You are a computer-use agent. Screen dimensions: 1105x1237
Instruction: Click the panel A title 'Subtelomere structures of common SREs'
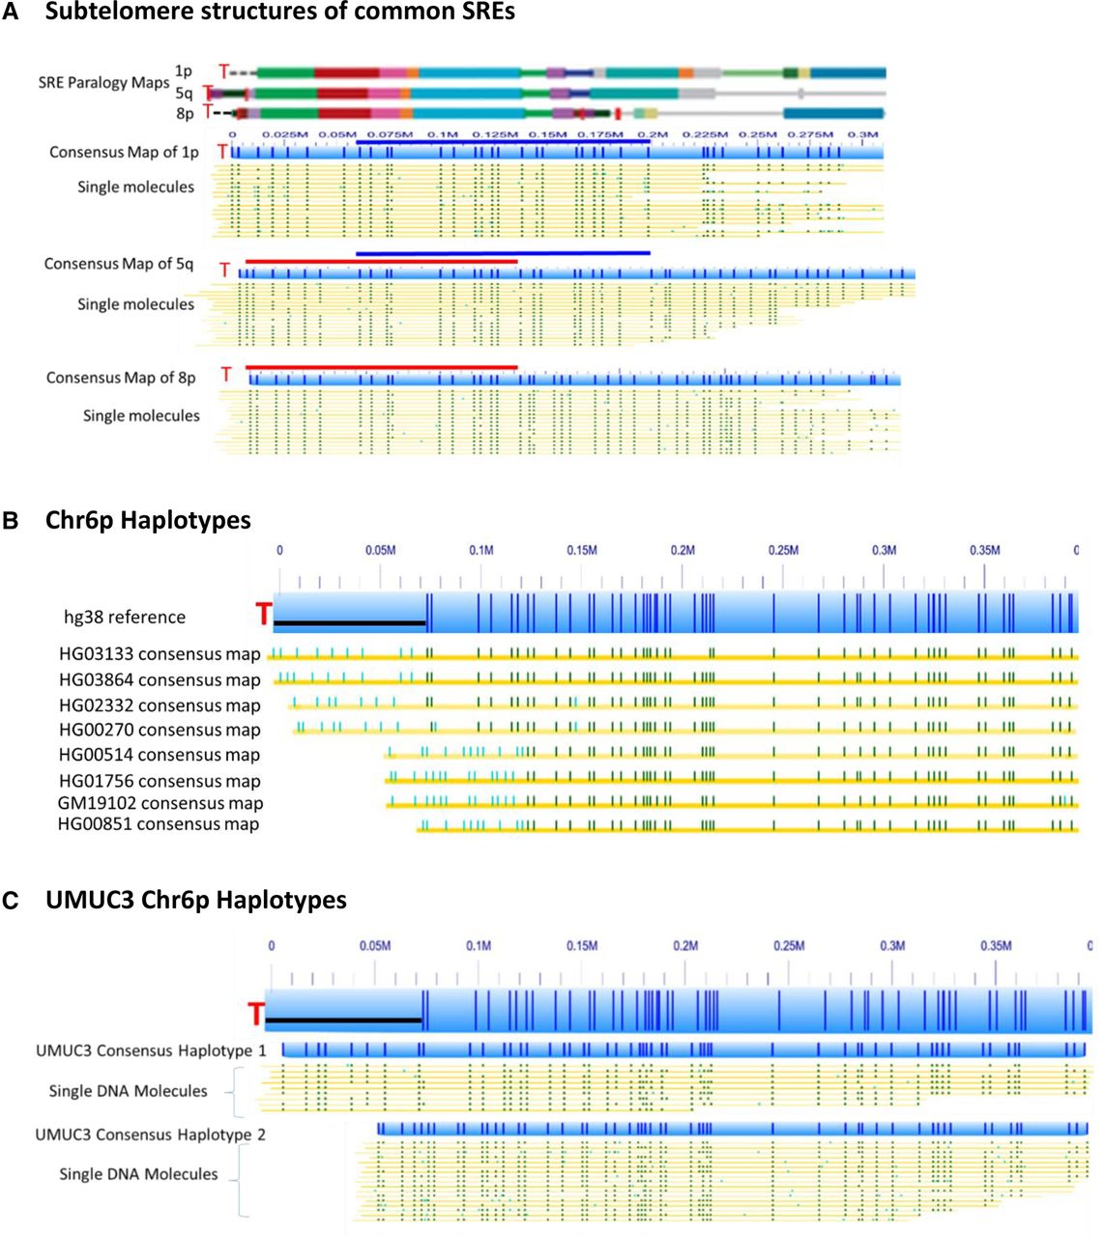tap(279, 11)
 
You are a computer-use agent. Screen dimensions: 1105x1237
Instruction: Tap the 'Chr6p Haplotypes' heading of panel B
tap(148, 520)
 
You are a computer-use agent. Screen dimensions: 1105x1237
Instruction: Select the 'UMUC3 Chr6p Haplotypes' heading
tap(196, 900)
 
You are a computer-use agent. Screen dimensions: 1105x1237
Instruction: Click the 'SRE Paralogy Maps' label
tap(103, 82)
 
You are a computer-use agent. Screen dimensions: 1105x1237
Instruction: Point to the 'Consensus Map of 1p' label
tap(124, 152)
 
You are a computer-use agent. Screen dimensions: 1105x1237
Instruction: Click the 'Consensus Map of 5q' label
tap(119, 264)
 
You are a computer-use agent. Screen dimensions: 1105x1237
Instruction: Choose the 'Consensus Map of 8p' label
tap(121, 378)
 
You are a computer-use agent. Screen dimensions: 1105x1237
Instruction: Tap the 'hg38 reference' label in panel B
tap(125, 618)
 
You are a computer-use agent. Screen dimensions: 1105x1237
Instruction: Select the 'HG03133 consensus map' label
tap(160, 654)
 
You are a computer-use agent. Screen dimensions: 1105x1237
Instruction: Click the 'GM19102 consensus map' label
tap(160, 803)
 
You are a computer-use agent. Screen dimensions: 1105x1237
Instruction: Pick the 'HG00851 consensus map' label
tap(159, 824)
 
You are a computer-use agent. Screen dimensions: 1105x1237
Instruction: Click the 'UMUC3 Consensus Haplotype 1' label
tap(151, 1050)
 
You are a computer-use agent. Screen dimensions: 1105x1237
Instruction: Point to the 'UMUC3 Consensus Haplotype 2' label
tap(150, 1135)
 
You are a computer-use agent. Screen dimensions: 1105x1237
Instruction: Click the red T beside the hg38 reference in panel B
tap(263, 614)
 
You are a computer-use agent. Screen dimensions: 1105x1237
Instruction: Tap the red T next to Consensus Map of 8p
tap(226, 374)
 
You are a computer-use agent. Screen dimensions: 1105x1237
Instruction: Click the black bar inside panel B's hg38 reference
tap(349, 622)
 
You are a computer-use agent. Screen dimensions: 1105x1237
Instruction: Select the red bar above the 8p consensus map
tap(382, 367)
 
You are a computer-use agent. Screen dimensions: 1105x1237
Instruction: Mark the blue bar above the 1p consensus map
tap(503, 142)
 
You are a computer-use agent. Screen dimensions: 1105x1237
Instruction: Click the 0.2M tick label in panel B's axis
tap(683, 550)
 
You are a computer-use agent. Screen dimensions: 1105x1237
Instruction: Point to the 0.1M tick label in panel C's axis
tap(479, 946)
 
